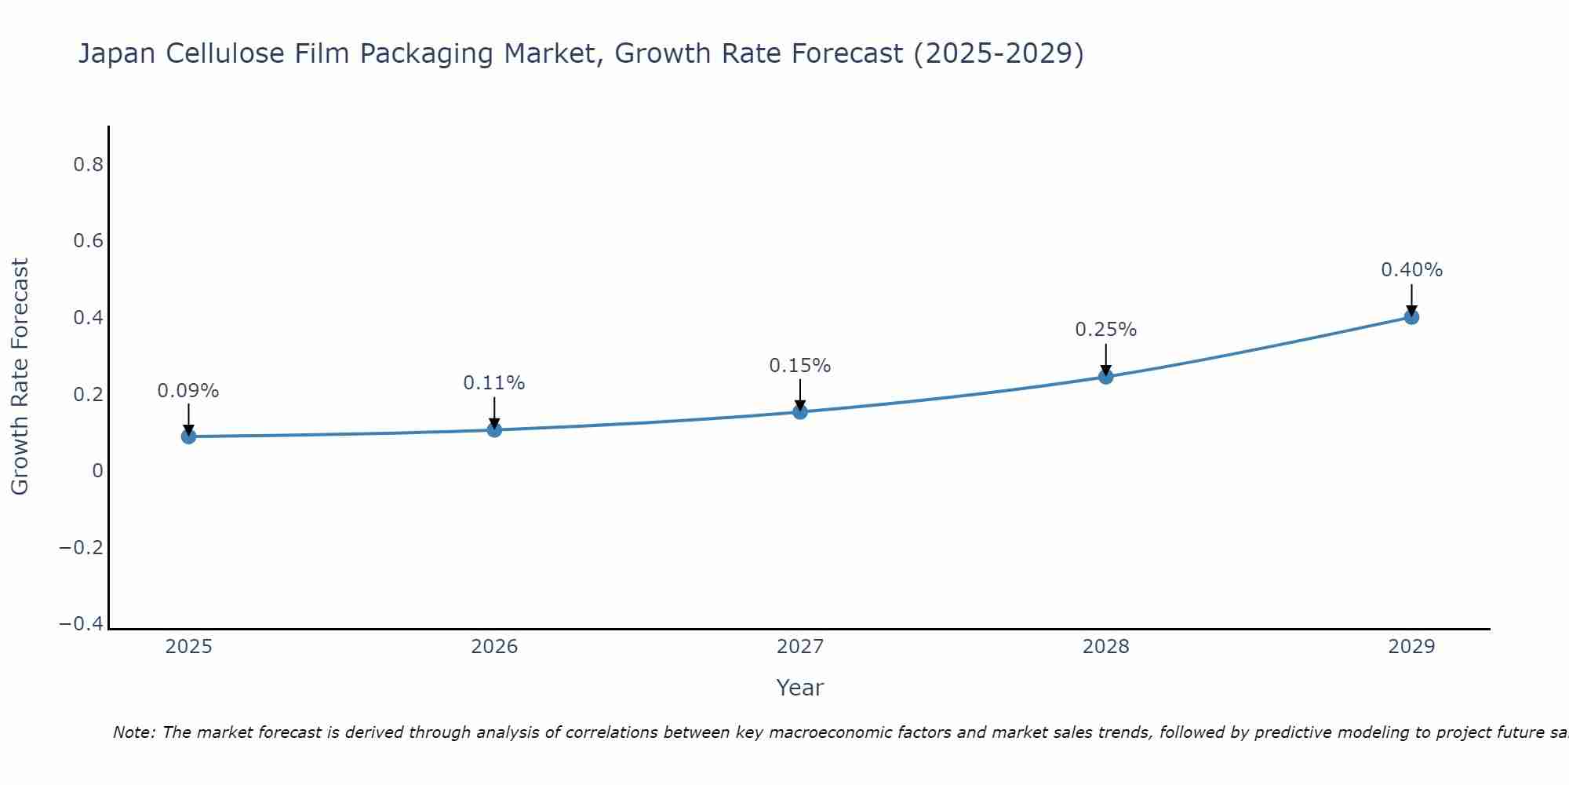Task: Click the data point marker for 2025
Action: click(188, 436)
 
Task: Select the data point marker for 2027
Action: click(800, 411)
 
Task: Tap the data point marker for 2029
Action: click(1411, 317)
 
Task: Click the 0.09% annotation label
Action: click(188, 391)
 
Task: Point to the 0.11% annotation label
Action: click(494, 383)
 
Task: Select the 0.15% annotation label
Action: click(800, 366)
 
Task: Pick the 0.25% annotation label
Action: click(1105, 330)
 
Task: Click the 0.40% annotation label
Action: click(1411, 270)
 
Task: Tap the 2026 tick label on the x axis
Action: click(494, 647)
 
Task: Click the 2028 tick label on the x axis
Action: click(1105, 647)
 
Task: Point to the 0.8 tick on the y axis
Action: click(88, 165)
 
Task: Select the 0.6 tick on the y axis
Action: click(88, 241)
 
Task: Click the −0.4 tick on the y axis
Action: click(81, 623)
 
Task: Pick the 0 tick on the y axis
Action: click(97, 471)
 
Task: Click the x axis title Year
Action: click(799, 688)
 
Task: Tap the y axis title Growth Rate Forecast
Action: click(20, 377)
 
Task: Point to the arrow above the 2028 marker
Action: click(1105, 360)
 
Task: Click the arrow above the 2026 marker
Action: click(494, 413)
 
